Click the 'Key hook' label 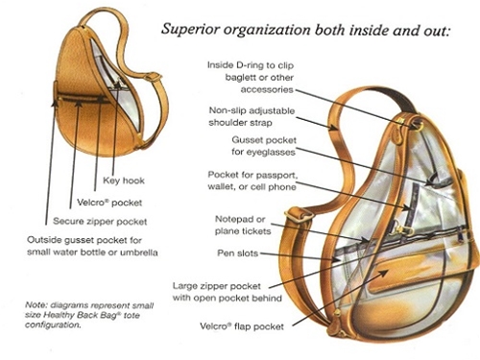(124, 180)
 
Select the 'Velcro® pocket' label (109, 203)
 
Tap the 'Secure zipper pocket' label (100, 222)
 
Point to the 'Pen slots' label (237, 253)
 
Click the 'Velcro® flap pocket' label (242, 326)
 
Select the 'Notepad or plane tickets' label (243, 225)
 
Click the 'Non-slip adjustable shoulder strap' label (252, 116)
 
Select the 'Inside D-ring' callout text (251, 77)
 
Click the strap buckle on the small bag (154, 77)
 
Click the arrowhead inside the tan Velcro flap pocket (384, 273)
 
